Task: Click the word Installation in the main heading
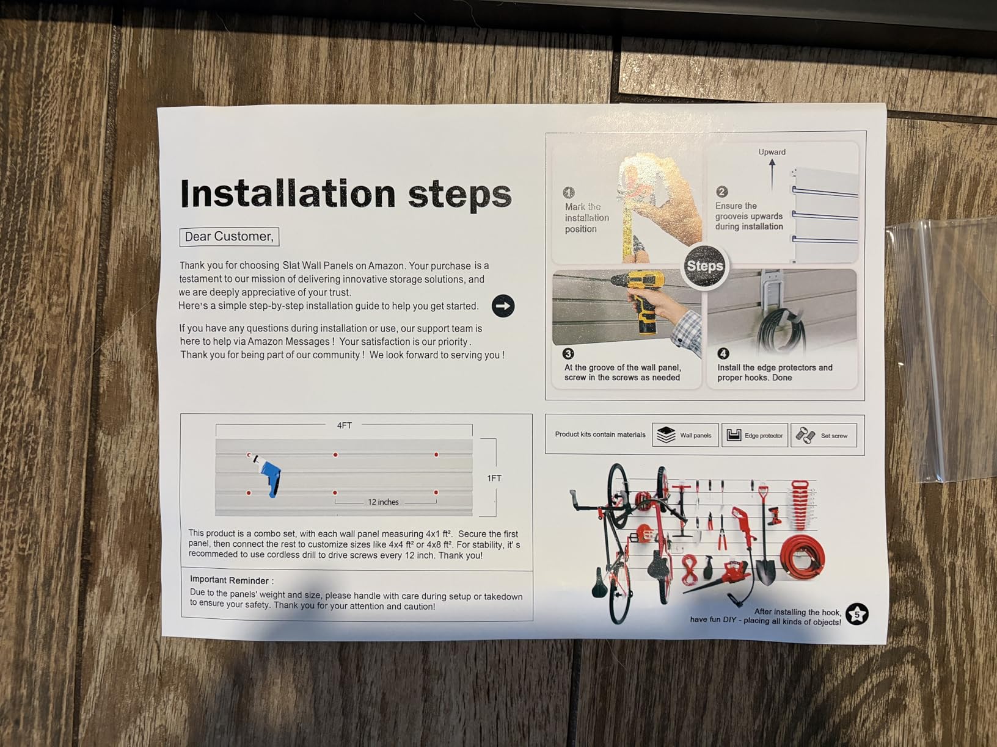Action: coord(288,193)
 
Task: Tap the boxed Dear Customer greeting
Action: coord(229,237)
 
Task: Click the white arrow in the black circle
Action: coord(503,306)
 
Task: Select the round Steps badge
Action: coord(704,266)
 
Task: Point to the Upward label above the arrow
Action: coord(772,152)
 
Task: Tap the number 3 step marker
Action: coord(568,353)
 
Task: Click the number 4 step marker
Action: coord(723,353)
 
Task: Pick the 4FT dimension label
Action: coord(345,425)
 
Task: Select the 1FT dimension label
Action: coord(494,478)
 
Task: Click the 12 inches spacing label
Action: coord(384,502)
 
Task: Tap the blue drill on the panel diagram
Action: coord(267,476)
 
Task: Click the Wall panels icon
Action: coord(666,435)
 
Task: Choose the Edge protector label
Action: coord(764,436)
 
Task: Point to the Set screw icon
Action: coord(805,435)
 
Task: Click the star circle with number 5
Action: coord(856,615)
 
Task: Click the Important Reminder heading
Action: coord(232,580)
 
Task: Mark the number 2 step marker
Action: coord(721,192)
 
